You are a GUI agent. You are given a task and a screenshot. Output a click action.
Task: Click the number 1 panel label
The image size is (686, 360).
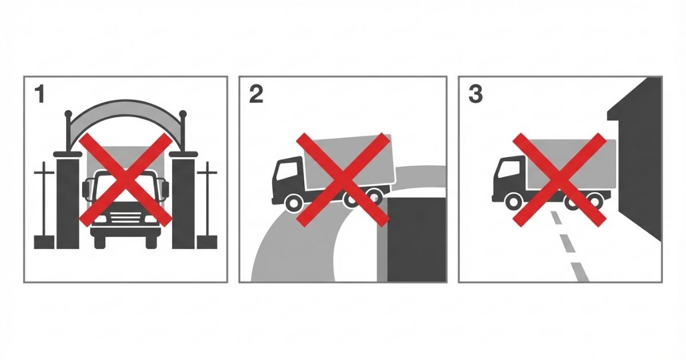point(39,94)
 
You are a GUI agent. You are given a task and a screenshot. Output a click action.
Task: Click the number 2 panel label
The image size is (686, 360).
point(256,94)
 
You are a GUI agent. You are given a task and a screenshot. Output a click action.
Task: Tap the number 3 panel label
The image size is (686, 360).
point(476,94)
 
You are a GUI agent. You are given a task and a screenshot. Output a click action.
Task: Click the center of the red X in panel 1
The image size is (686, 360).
point(126,180)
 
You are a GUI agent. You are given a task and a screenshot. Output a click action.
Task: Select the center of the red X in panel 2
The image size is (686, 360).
point(343,180)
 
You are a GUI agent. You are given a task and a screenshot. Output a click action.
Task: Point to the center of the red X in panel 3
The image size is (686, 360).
point(560,180)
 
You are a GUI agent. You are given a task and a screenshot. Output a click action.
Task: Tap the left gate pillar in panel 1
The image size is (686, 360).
point(67,201)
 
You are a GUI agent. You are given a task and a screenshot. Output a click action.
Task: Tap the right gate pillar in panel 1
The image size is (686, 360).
point(184,201)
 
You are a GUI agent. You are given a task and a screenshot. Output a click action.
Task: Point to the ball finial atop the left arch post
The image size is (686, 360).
point(68,114)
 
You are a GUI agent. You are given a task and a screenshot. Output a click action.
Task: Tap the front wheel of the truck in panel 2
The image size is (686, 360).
point(293,203)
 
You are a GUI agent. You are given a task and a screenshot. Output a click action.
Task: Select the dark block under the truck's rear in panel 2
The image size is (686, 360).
point(417,239)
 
